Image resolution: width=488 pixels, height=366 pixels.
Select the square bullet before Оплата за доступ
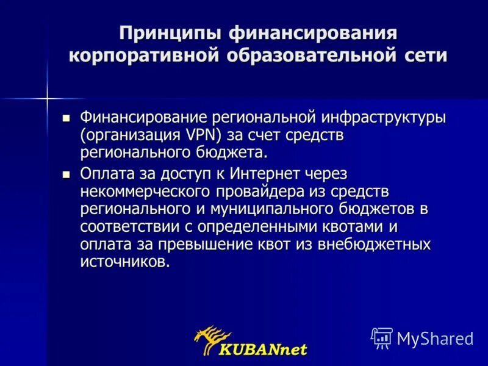[x=66, y=174]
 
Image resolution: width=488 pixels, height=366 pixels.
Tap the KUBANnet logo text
[x=264, y=350]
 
